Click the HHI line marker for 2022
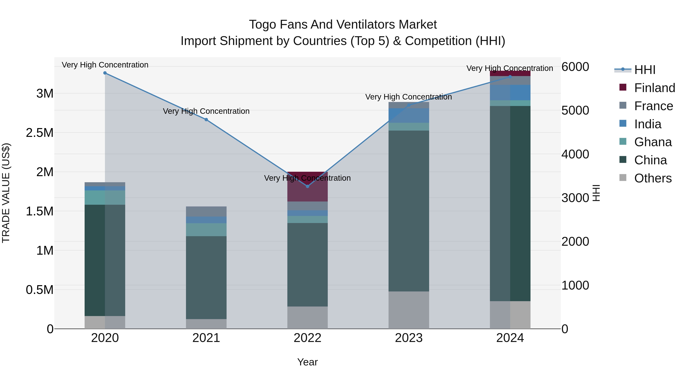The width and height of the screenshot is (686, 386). coord(307,186)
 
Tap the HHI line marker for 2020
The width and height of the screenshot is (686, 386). coord(105,73)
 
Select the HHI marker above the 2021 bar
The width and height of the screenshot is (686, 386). coord(206,120)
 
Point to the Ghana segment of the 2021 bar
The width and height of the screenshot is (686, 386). coord(206,230)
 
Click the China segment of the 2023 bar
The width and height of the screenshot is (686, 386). coord(409,210)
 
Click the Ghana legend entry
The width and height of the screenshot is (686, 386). coord(653,142)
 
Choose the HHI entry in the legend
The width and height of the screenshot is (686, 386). coord(644,70)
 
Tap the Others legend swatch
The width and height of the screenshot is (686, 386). coord(623,178)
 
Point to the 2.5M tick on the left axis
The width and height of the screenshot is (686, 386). coord(40,133)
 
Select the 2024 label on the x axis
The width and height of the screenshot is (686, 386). coord(510,338)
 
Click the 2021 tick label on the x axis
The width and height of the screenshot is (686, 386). coord(206,338)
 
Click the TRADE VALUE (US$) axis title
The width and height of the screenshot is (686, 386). coord(6,193)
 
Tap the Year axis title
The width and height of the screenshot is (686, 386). coord(307,362)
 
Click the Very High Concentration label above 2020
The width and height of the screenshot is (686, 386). coord(105,65)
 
